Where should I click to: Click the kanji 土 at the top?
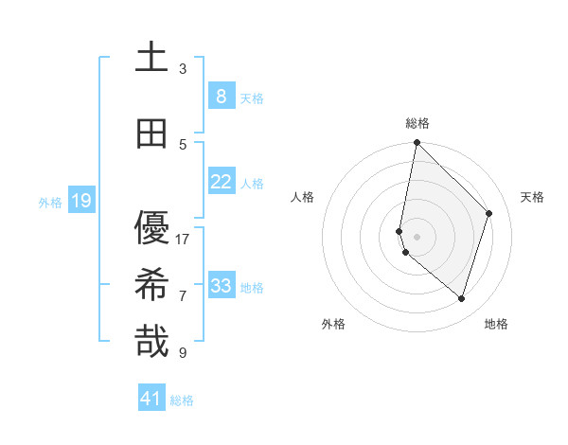tap(151, 58)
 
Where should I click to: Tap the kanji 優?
tap(151, 228)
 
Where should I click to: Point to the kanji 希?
tap(151, 285)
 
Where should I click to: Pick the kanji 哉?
tap(151, 342)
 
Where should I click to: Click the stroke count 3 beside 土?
tap(183, 69)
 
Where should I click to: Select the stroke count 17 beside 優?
tap(183, 239)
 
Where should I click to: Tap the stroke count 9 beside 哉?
tap(183, 353)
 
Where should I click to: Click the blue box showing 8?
tap(221, 96)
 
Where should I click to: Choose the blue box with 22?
tap(221, 181)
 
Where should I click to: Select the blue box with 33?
tap(221, 285)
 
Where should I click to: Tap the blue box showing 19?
tap(80, 200)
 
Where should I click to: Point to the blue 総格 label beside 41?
tap(182, 400)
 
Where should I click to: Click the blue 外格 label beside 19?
tap(50, 202)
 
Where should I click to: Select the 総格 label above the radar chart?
tap(417, 123)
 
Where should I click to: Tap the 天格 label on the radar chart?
tap(533, 197)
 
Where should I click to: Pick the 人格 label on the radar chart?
tap(302, 197)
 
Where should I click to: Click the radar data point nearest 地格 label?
tap(461, 298)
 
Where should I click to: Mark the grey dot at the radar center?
tap(417, 236)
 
